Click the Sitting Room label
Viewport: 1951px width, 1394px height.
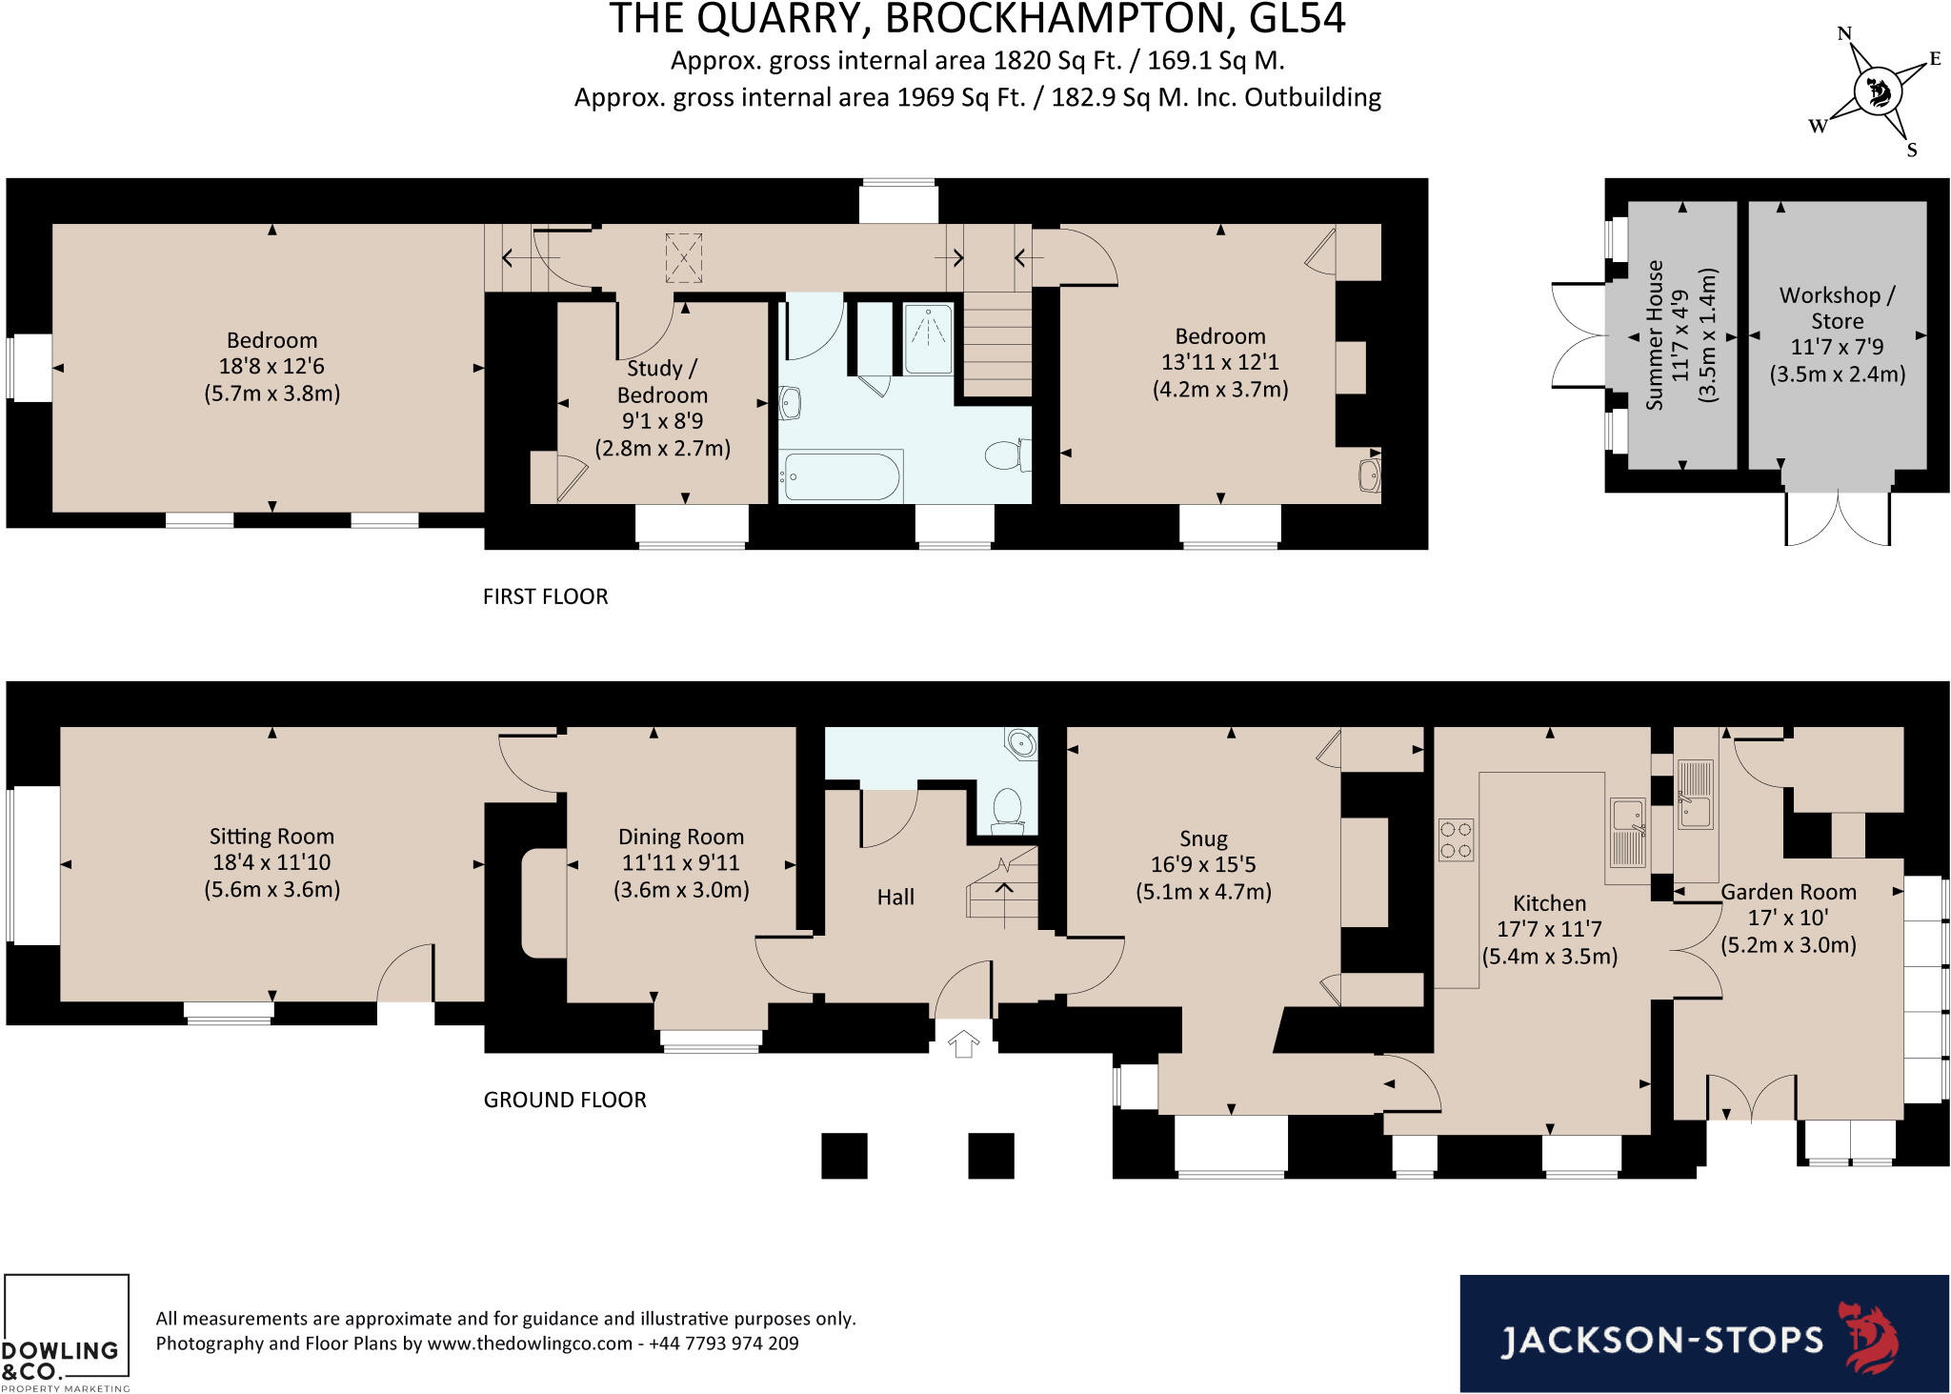272,837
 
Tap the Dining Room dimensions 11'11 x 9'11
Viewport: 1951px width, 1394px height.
680,863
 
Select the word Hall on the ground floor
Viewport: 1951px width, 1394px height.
895,897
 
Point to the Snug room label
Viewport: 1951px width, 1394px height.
1203,838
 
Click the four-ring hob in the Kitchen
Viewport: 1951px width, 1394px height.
1456,839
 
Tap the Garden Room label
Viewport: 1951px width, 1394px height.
1788,892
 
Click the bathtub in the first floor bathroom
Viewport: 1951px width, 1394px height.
840,476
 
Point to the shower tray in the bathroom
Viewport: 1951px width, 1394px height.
927,338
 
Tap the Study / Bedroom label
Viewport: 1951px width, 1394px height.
662,381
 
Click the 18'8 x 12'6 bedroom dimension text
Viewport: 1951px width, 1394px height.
272,367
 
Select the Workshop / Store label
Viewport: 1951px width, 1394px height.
1837,308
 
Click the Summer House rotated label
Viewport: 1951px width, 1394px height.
1655,335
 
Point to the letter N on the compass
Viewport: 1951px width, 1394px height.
1843,33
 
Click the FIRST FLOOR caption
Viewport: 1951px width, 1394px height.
545,596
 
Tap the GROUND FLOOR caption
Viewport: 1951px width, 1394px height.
565,1100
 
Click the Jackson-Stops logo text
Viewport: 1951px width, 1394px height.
1661,1340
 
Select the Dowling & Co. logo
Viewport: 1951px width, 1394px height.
65,1334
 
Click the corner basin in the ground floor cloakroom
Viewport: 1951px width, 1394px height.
1021,742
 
